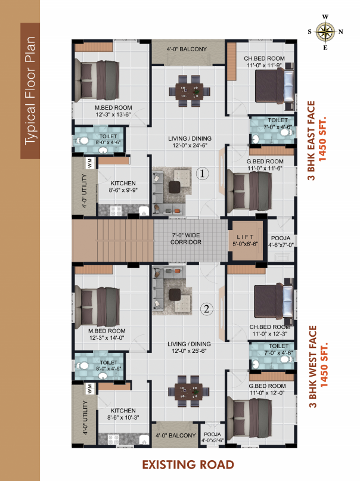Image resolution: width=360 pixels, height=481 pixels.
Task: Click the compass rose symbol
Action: click(325, 32)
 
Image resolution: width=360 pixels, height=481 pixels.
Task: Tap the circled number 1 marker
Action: click(202, 173)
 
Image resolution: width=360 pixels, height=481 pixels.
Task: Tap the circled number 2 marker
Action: click(206, 309)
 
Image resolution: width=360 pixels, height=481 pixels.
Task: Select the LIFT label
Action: click(246, 237)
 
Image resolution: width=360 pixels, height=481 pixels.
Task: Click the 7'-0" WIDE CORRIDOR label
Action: click(186, 238)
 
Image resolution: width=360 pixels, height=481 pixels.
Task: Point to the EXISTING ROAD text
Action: click(188, 465)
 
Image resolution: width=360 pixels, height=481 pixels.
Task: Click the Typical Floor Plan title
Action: click(30, 91)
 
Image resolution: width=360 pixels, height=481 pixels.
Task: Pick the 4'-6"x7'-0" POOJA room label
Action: click(281, 241)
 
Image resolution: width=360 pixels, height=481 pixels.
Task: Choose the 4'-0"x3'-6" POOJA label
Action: click(212, 437)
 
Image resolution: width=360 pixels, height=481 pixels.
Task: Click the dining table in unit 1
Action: click(190, 91)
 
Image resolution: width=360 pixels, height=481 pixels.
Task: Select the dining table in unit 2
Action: click(189, 391)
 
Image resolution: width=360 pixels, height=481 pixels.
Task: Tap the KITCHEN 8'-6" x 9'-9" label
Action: click(123, 187)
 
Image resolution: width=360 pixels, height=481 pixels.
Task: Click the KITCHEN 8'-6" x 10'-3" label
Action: click(123, 414)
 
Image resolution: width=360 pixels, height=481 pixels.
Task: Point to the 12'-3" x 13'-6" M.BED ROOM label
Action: click(113, 111)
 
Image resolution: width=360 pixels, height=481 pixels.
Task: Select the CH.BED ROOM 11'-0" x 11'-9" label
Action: click(264, 61)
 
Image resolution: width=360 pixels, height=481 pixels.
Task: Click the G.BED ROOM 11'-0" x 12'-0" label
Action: click(267, 389)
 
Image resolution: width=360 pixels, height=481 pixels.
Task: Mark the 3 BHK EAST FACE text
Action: click(311, 141)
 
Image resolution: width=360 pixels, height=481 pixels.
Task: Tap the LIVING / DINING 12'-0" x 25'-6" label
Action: click(189, 347)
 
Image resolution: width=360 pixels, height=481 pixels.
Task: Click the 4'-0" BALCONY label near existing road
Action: click(175, 435)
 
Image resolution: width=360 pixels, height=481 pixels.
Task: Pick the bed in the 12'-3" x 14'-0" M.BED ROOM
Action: click(97, 306)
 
